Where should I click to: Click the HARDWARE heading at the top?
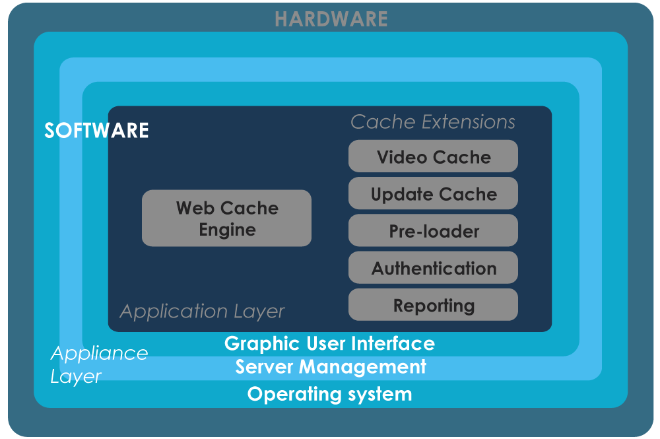(331, 19)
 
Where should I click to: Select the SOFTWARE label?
(96, 131)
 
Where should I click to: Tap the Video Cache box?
(433, 156)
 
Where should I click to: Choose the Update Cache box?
(433, 193)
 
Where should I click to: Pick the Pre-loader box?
(433, 230)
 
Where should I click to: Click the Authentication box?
(433, 267)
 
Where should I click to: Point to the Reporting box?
(433, 304)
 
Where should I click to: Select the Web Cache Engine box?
(226, 218)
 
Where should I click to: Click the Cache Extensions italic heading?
(433, 122)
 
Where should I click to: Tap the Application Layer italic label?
(202, 312)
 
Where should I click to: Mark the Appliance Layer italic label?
(100, 365)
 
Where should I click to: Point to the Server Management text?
(331, 367)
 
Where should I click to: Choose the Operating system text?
(329, 395)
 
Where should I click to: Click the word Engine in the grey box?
(227, 230)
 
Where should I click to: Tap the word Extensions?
(469, 122)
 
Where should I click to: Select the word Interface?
(393, 343)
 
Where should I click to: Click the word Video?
(402, 157)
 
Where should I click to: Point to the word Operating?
(294, 395)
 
